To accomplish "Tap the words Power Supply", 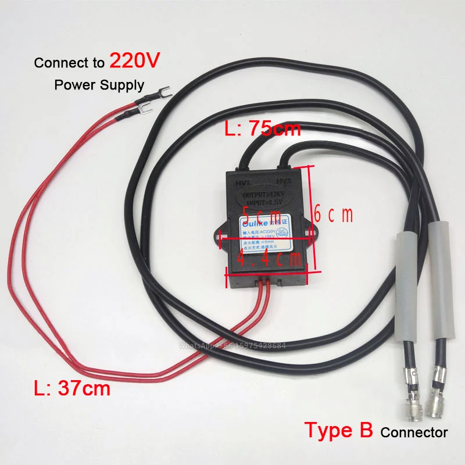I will point(99,85).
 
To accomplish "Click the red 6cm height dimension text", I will point(334,215).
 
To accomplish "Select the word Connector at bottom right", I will point(414,432).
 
